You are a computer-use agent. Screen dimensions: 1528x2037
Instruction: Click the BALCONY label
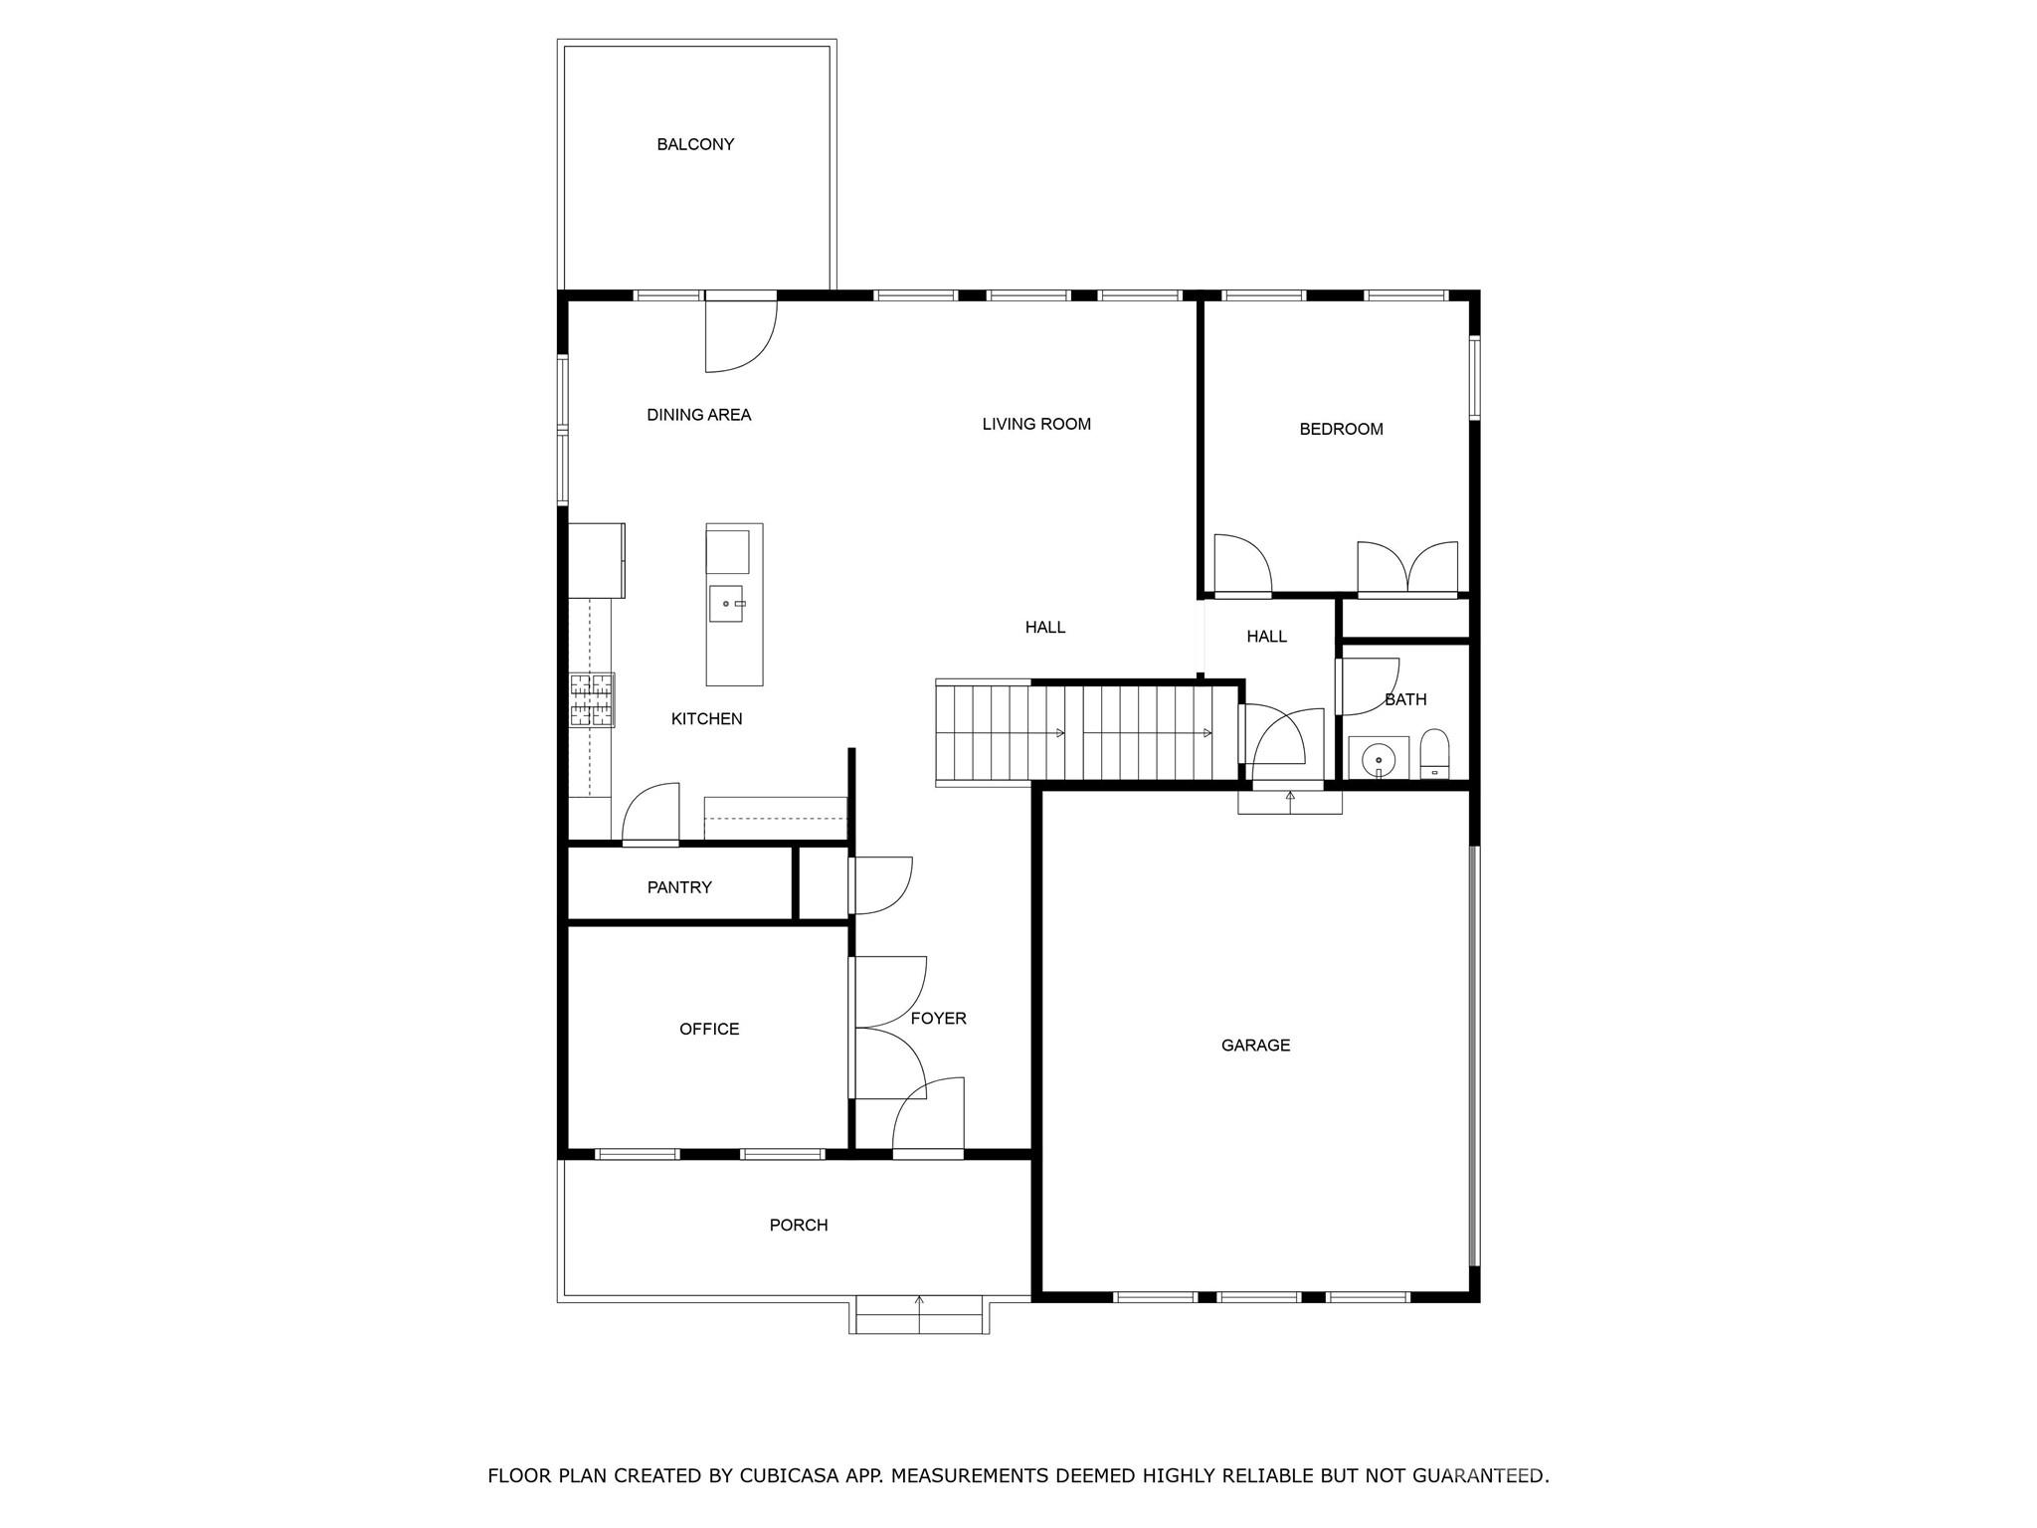click(x=695, y=144)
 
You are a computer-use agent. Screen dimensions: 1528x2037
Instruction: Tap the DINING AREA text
click(x=698, y=415)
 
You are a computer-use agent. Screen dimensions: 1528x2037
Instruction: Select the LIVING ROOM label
click(x=1036, y=424)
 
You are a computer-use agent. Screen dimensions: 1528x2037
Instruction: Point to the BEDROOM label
click(x=1341, y=429)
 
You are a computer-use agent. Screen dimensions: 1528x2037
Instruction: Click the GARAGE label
click(x=1255, y=1045)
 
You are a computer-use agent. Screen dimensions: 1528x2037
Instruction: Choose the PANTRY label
click(x=679, y=887)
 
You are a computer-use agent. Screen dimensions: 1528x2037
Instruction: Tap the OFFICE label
click(x=709, y=1029)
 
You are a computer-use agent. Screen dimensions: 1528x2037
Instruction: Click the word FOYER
click(x=938, y=1018)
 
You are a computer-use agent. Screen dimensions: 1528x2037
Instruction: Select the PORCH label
click(x=799, y=1225)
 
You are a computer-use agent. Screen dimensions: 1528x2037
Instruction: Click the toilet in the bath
click(x=1434, y=754)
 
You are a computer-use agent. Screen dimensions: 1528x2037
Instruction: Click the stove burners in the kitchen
click(x=591, y=699)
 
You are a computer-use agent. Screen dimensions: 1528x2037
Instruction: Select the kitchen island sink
click(x=726, y=604)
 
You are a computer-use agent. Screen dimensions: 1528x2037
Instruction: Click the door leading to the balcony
click(x=740, y=333)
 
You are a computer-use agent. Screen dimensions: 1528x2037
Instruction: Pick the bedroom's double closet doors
click(x=1407, y=569)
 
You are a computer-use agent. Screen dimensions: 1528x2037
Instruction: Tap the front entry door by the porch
click(x=928, y=1119)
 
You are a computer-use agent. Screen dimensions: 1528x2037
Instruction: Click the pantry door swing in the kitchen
click(x=650, y=814)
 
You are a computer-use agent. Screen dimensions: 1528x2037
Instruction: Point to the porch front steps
click(x=919, y=1315)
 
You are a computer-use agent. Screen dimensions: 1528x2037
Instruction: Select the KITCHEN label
click(x=706, y=718)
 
